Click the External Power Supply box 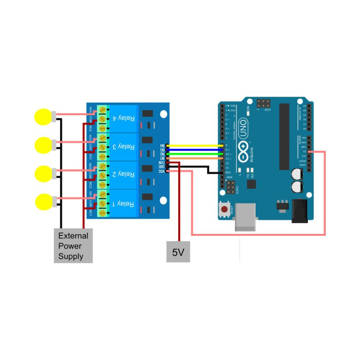[73, 246]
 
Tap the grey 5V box [178, 252]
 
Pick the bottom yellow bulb [43, 202]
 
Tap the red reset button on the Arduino [224, 209]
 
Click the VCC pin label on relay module [162, 171]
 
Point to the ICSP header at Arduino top [262, 103]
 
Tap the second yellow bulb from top [43, 145]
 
